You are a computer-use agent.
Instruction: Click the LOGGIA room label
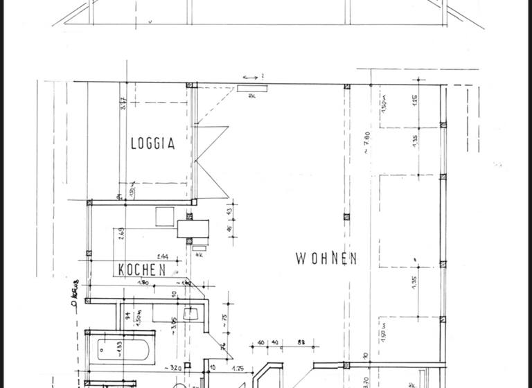152,143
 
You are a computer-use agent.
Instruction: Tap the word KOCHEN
141,270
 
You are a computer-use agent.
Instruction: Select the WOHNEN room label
326,258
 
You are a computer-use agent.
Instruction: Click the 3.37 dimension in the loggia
123,105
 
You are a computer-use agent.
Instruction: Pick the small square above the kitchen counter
165,216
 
